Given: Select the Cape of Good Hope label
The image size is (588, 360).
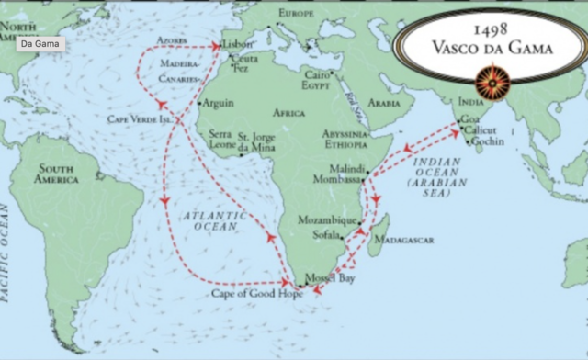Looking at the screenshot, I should coord(256,294).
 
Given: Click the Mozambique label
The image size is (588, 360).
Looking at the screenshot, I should coord(327,221).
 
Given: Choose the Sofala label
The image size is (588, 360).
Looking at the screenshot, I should coord(325,235).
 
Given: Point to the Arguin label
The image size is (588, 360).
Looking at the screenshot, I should coord(218,103).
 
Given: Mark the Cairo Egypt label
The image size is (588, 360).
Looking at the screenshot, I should coord(316,79).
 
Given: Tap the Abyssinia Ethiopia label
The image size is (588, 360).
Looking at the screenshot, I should coord(345,138).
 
